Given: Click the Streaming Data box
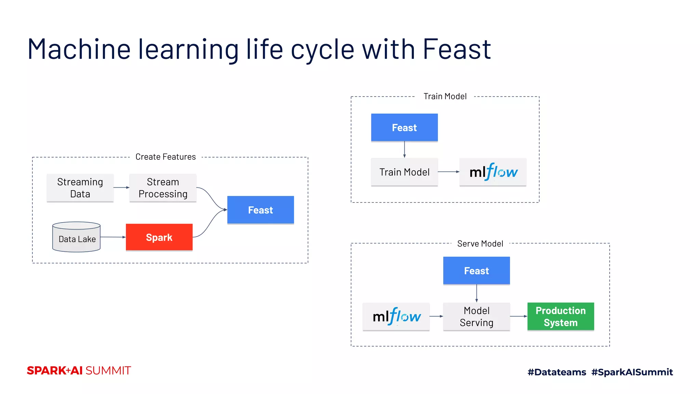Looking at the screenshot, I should tap(80, 188).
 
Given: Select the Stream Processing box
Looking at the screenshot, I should tap(163, 188).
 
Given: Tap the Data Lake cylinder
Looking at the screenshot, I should tap(77, 237).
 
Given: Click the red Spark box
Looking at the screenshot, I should tap(159, 237).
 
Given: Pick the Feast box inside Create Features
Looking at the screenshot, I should tap(260, 210).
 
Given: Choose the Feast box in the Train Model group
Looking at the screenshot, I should tap(404, 128).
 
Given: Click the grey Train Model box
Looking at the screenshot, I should tap(404, 172).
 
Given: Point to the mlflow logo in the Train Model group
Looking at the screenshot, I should tap(493, 172).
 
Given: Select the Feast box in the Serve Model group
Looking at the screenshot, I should tap(476, 271).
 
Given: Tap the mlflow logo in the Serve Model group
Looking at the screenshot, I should tap(396, 317).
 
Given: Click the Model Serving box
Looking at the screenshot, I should tap(476, 317).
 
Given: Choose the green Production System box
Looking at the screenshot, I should tap(561, 317).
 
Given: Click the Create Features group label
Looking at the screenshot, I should tap(166, 157).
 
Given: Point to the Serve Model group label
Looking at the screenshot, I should tap(480, 244).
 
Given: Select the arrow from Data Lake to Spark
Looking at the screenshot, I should tap(113, 237).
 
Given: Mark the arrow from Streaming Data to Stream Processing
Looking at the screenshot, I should tap(121, 187).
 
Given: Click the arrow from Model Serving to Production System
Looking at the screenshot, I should tap(519, 316).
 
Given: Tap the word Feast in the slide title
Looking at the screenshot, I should tap(457, 50).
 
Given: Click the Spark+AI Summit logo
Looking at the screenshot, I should tap(79, 371).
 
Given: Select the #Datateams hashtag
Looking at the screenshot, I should tap(557, 372).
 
